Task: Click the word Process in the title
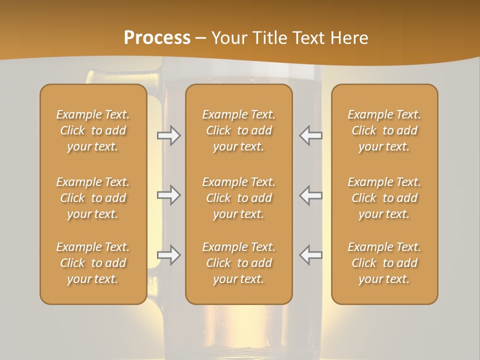[x=157, y=38]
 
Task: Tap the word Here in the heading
[x=349, y=38]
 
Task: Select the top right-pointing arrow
[x=169, y=135]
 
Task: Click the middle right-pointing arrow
[x=169, y=195]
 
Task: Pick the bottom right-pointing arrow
[x=169, y=255]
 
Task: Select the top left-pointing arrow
[x=310, y=135]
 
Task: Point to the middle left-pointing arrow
[x=310, y=195]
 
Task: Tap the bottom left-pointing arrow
[x=310, y=255]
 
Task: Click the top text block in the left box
[x=93, y=130]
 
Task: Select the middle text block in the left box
[x=93, y=198]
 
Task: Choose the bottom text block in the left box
[x=93, y=263]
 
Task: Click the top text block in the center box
[x=239, y=130]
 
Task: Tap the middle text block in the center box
[x=239, y=198]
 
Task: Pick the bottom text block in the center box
[x=239, y=263]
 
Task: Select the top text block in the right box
[x=384, y=130]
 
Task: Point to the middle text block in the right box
[x=384, y=198]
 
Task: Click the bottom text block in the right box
[x=384, y=263]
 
